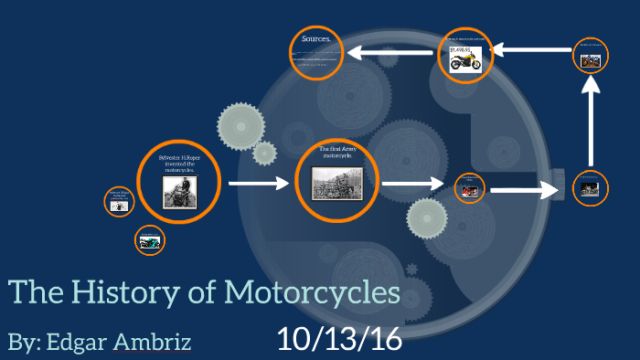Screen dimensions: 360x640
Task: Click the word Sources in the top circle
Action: [315, 39]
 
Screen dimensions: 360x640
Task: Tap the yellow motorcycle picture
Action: [465, 62]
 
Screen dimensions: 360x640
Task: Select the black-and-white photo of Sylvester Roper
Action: [179, 192]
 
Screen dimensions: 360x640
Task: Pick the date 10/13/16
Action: [339, 339]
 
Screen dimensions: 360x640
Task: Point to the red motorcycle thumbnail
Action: [469, 191]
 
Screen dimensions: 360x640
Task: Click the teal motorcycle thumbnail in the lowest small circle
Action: [149, 242]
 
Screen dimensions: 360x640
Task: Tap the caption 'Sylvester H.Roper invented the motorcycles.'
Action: [179, 164]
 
